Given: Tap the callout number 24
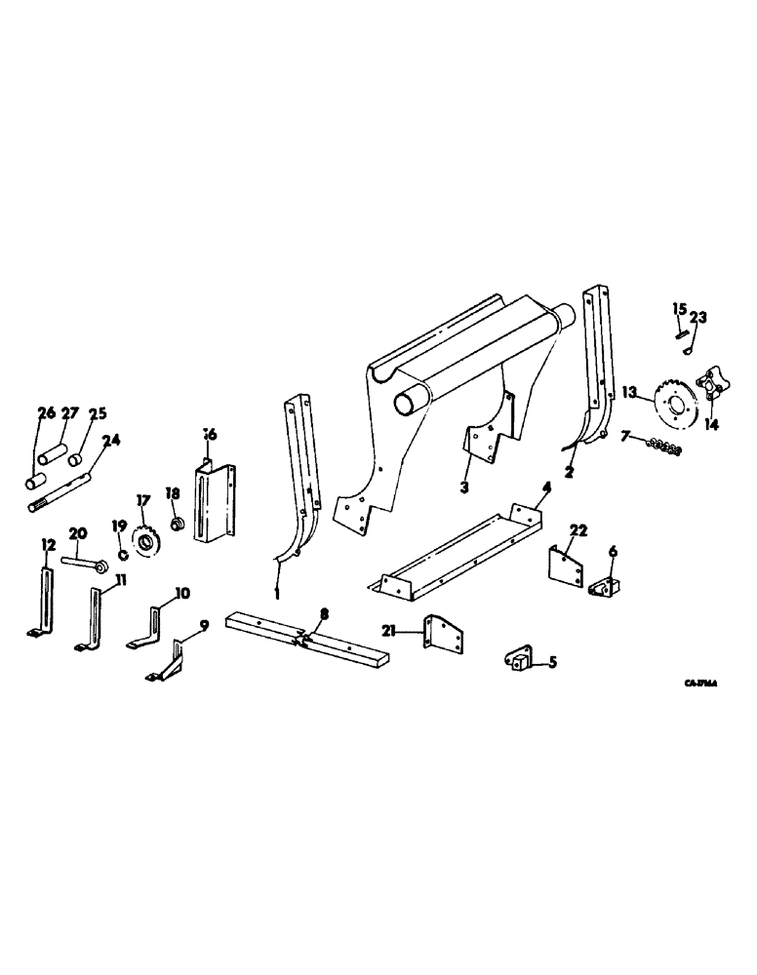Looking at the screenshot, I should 110,439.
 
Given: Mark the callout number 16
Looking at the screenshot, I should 210,432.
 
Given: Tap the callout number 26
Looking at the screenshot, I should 45,413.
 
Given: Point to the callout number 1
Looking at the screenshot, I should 278,592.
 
